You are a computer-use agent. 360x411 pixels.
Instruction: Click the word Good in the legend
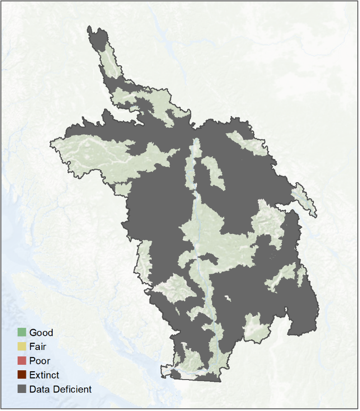tap(41, 332)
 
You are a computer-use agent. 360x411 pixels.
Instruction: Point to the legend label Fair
tap(37, 346)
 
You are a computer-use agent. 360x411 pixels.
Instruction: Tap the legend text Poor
tap(40, 361)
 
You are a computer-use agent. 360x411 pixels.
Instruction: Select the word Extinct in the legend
tap(44, 375)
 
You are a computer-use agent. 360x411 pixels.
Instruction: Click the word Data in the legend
tap(39, 389)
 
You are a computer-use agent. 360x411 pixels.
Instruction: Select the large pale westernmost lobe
tap(92, 150)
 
